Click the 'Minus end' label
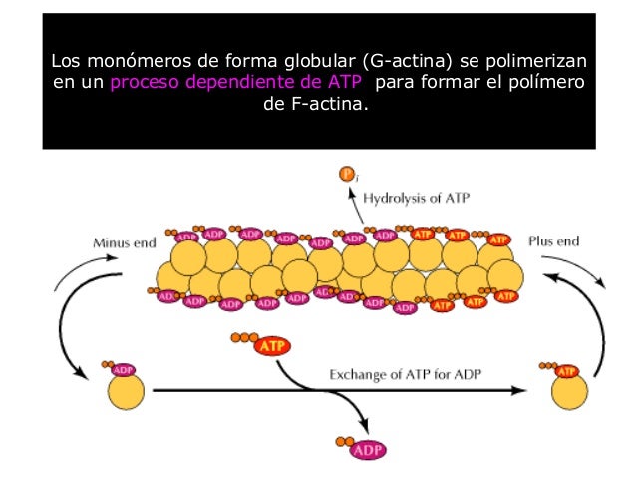pos(120,242)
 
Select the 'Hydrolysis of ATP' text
pos(416,198)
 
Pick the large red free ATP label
pos(271,346)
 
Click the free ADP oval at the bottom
pos(367,450)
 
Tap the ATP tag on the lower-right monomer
pos(567,371)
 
